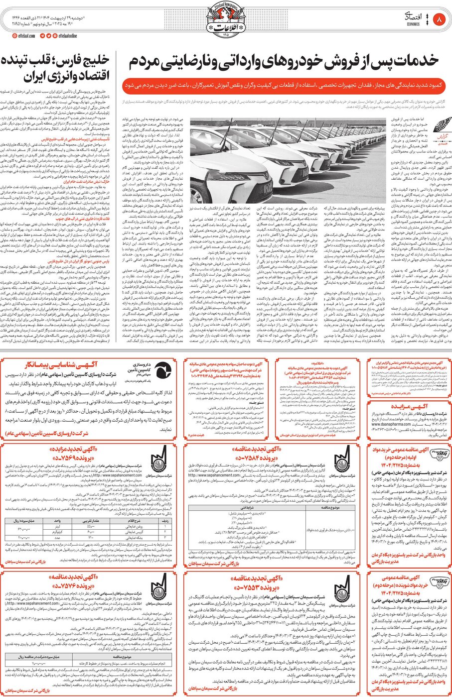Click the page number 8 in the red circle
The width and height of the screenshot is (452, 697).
point(439,20)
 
